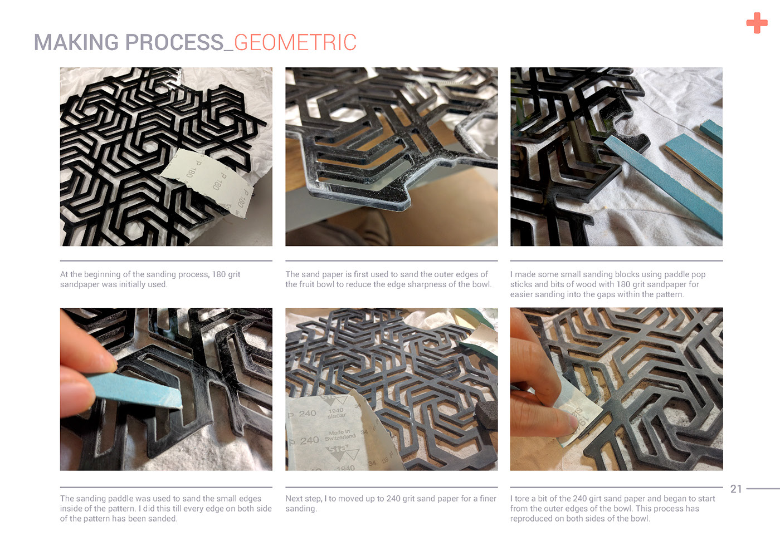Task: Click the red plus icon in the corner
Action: pos(757,23)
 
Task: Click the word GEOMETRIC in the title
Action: pos(295,42)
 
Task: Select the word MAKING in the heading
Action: pos(76,42)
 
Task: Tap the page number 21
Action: pos(736,489)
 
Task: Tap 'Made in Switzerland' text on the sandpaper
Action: pos(340,435)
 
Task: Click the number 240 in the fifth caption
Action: pos(393,499)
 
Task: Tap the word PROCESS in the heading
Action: pos(174,42)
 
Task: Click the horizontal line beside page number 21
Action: pos(763,489)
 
